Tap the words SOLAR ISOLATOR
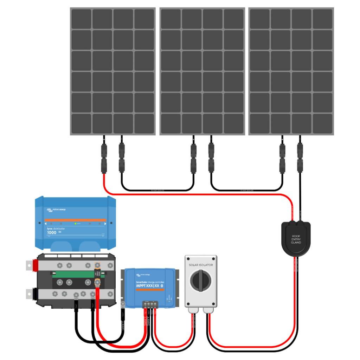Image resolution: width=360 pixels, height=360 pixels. tap(201, 265)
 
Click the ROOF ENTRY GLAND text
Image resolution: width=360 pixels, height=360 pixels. tap(296, 239)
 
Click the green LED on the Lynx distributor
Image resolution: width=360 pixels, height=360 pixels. tap(75, 224)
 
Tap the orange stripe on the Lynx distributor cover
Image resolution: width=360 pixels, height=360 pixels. tap(75, 220)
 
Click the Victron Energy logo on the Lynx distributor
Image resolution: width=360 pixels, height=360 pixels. tap(56, 210)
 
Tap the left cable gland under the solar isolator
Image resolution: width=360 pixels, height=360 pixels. tap(193, 310)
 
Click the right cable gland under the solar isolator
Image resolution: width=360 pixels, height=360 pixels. tap(208, 310)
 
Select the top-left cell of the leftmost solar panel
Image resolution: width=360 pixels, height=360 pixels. tap(81, 19)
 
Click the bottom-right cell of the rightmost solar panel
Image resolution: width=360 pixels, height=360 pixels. tap(322, 123)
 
